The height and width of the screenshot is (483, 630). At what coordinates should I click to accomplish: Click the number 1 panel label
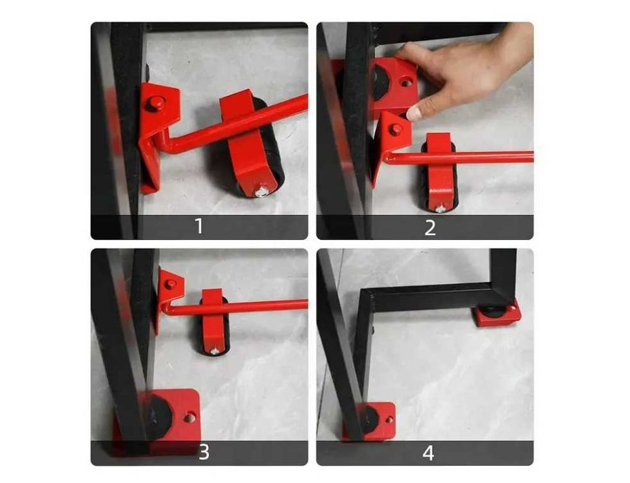199,227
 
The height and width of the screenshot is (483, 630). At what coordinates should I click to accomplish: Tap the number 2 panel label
430,227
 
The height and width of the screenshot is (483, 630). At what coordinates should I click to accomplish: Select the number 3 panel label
204,452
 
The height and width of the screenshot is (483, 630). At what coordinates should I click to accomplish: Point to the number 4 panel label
428,453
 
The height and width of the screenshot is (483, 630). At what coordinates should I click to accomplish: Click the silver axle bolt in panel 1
262,191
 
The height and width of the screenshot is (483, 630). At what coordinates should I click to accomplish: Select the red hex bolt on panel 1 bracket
155,104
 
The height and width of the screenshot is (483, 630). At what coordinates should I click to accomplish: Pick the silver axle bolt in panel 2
440,209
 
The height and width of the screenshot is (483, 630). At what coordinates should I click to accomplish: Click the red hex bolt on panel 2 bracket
396,129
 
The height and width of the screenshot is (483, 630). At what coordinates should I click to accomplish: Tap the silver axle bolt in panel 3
216,352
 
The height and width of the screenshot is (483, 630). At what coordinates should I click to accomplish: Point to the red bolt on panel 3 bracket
171,284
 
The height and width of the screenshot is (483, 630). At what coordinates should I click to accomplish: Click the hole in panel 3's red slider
190,417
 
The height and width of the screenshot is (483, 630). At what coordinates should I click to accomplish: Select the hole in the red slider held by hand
405,83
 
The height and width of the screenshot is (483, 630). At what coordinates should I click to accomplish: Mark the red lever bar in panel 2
458,158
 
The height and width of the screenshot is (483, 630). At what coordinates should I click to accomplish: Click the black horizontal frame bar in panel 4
430,294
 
